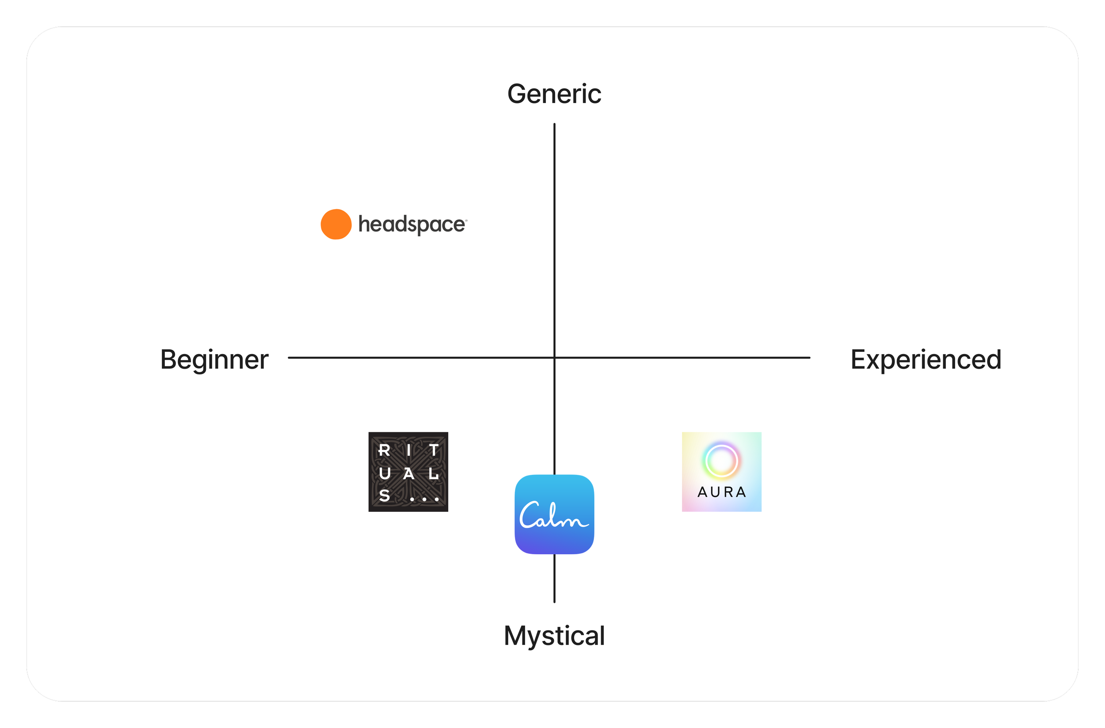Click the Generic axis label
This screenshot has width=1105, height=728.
pyautogui.click(x=554, y=94)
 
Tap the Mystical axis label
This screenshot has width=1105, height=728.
pyautogui.click(x=554, y=636)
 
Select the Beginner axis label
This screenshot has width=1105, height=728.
pyautogui.click(x=214, y=360)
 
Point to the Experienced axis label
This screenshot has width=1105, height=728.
pyautogui.click(x=926, y=360)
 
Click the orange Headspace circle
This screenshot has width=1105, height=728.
pyautogui.click(x=335, y=224)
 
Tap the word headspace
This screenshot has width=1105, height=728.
pyautogui.click(x=412, y=225)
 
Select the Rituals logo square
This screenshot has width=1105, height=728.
pyautogui.click(x=408, y=472)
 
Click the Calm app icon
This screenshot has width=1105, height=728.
pyautogui.click(x=554, y=515)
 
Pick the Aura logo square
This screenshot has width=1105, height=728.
pyautogui.click(x=721, y=472)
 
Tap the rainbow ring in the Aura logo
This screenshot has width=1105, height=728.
pyautogui.click(x=721, y=461)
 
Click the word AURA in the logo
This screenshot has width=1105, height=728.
pyautogui.click(x=721, y=492)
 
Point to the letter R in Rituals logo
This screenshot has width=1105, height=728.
pyautogui.click(x=384, y=450)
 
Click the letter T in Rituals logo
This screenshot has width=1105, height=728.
pyautogui.click(x=434, y=450)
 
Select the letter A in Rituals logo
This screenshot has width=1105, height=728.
pyautogui.click(x=408, y=474)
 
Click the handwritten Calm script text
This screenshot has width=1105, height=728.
pyautogui.click(x=552, y=516)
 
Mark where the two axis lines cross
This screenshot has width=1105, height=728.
pyautogui.click(x=554, y=358)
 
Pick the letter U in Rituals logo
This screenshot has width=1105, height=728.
pyautogui.click(x=385, y=473)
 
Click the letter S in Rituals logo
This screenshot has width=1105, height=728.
pyautogui.click(x=385, y=496)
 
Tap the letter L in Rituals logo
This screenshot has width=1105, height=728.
pyautogui.click(x=434, y=474)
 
